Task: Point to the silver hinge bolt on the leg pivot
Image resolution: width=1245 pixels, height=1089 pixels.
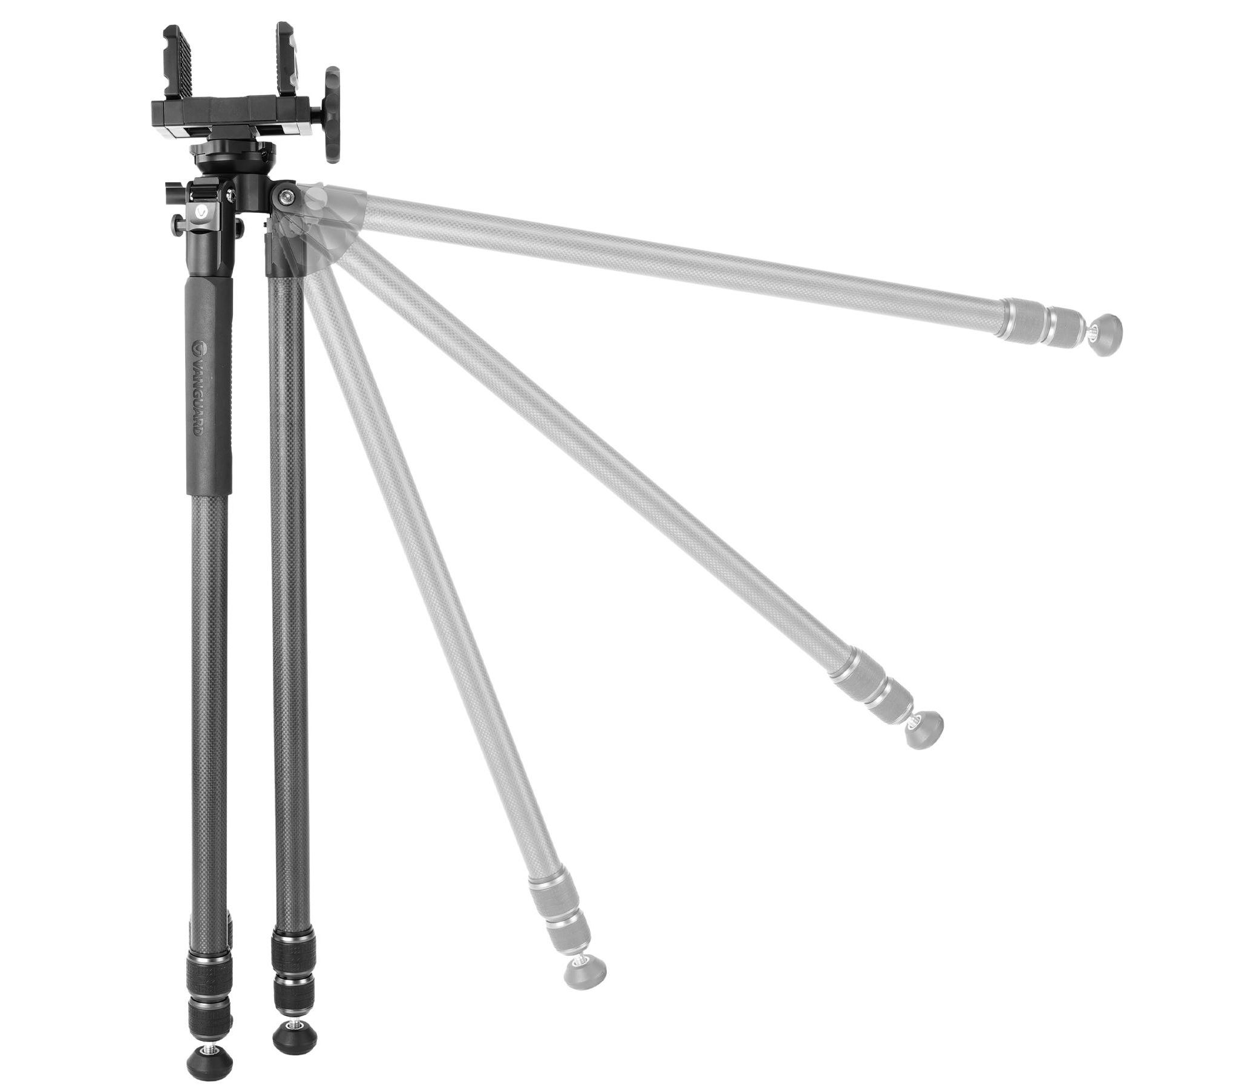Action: coord(286,195)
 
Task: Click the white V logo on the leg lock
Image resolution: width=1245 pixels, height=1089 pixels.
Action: coord(201,212)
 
